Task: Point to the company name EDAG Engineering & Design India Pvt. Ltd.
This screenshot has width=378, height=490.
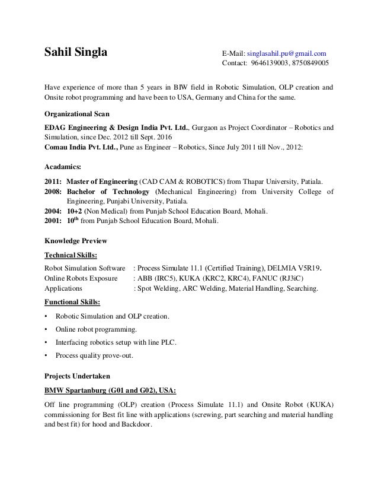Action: pos(117,127)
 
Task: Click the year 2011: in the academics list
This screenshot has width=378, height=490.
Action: pos(54,181)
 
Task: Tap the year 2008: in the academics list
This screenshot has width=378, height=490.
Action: pos(54,192)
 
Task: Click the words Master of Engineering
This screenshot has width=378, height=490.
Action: pos(102,181)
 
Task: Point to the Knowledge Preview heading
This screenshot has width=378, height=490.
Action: pos(76,241)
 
